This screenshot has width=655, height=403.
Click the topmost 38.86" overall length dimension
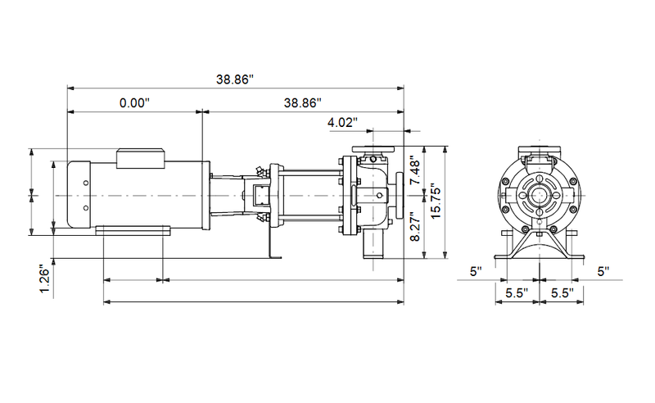234,79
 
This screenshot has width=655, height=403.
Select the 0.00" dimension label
134,103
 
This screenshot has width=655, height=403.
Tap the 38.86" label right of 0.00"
302,103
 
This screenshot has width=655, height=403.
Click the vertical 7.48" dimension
416,171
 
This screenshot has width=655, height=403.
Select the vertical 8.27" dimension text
416,227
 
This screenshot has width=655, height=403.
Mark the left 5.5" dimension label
516,292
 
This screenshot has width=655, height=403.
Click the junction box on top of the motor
143,157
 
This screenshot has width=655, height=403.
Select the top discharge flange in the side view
373,150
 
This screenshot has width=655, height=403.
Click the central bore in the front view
540,195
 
